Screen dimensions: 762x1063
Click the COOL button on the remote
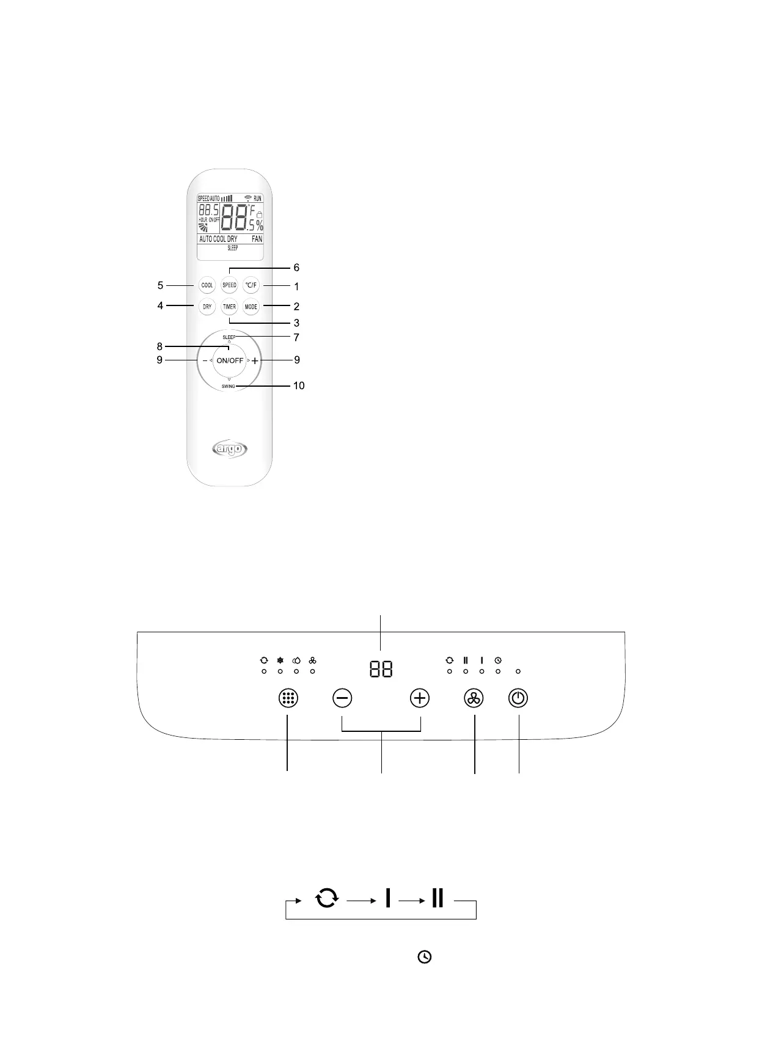click(207, 285)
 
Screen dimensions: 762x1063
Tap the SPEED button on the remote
click(229, 285)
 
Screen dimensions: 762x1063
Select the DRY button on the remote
click(207, 307)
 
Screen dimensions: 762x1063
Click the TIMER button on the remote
click(229, 307)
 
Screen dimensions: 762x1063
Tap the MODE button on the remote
click(251, 307)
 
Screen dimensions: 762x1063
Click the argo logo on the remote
click(230, 450)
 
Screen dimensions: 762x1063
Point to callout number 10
click(298, 386)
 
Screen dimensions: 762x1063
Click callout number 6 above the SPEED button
click(296, 268)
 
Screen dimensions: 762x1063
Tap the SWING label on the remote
click(229, 386)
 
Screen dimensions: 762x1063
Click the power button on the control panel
click(518, 698)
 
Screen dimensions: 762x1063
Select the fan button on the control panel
click(474, 698)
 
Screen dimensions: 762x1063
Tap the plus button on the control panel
click(420, 698)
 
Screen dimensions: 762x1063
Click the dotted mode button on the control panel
click(288, 698)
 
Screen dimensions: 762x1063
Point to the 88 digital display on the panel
click(381, 669)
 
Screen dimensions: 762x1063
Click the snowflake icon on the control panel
click(280, 660)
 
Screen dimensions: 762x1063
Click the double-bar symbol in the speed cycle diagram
click(438, 898)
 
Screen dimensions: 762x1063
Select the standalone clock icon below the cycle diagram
click(425, 957)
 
